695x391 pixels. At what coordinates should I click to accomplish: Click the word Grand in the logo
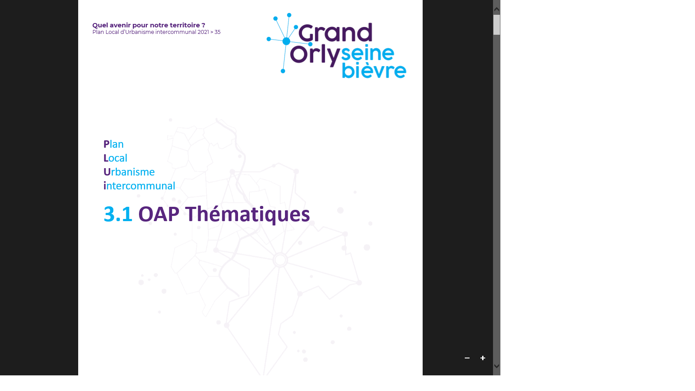point(335,33)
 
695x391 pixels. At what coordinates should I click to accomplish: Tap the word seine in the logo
point(367,53)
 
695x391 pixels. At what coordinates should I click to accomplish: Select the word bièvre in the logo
point(374,70)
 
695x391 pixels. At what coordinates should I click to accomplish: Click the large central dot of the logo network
point(286,41)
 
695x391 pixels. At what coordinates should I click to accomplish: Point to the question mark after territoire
point(203,25)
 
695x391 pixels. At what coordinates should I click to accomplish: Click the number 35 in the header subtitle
point(217,32)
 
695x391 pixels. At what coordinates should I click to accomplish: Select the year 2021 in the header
point(203,32)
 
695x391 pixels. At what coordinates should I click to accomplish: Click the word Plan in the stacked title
point(113,144)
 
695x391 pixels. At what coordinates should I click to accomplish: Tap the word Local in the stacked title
point(116,158)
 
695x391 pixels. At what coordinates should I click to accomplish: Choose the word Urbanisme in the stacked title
point(129,172)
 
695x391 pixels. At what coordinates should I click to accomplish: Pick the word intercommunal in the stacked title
point(139,186)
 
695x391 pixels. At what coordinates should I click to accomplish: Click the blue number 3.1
point(118,214)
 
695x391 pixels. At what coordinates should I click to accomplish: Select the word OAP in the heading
point(159,214)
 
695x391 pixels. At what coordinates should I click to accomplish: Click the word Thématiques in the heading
point(247,214)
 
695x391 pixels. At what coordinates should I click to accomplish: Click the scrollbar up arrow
point(496,10)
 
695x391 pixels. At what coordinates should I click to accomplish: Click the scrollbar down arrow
point(496,366)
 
